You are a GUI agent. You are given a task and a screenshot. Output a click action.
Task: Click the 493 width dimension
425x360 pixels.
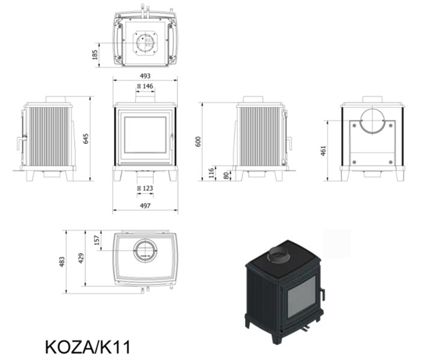pos(145,76)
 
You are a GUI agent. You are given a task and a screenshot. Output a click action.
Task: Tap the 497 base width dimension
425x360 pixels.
pos(145,206)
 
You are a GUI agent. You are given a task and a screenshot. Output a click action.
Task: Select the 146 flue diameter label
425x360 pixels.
pos(145,86)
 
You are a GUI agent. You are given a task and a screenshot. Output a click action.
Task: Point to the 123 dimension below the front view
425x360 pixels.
pos(145,188)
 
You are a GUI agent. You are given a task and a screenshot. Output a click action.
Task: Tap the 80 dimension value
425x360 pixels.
pos(226,175)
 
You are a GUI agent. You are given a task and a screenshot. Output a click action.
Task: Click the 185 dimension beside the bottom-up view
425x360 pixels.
pos(95,54)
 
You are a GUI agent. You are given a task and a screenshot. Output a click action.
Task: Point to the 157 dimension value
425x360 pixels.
pos(96,241)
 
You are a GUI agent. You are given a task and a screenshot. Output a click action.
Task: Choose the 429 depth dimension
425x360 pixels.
pos(81,258)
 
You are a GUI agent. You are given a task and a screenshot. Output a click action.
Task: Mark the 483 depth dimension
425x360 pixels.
pos(62,261)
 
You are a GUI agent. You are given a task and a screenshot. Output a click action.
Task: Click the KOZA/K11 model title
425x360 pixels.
pos(87,347)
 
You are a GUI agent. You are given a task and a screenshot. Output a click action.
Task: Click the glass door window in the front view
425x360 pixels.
pos(145,135)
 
